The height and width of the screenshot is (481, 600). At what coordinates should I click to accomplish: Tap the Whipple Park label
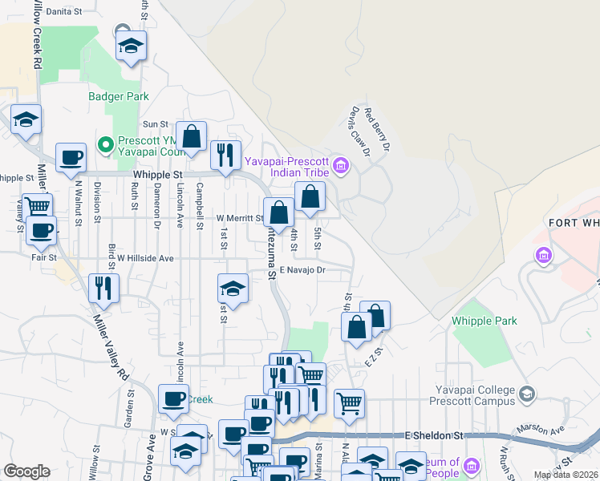(x=484, y=321)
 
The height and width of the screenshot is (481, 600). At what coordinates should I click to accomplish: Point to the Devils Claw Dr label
(x=359, y=131)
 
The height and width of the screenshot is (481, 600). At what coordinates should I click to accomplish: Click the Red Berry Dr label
(x=377, y=131)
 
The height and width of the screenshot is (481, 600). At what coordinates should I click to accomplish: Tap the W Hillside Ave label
(x=145, y=258)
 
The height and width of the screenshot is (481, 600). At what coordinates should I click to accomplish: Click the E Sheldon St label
(x=434, y=435)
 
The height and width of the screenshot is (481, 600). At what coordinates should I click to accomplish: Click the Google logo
(x=26, y=471)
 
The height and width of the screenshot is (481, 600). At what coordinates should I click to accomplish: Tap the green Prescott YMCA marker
(x=103, y=145)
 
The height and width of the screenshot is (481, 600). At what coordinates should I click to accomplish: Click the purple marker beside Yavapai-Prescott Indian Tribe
(x=341, y=167)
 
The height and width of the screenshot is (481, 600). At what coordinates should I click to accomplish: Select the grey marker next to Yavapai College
(x=526, y=394)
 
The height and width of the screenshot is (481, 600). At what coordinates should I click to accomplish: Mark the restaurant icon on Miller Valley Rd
(x=103, y=287)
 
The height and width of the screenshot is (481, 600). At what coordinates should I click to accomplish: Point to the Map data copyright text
(x=566, y=475)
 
